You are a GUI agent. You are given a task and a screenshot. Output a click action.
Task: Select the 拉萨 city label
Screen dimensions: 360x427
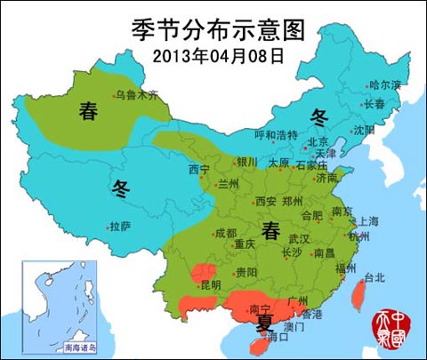click(120, 227)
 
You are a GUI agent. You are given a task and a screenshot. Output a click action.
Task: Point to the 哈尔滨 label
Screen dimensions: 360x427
click(384, 85)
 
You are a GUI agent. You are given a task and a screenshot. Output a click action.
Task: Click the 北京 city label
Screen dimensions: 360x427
click(317, 142)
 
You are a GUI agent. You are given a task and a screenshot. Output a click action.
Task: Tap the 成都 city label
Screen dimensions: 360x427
click(225, 233)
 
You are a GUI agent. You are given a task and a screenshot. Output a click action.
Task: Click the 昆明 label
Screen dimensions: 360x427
click(210, 285)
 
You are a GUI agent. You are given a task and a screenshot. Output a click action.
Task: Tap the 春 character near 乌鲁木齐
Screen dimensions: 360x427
click(88, 111)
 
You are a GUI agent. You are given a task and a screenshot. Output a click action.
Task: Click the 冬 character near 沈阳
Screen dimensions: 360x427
click(319, 116)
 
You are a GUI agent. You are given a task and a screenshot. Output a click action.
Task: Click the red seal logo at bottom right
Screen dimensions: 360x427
click(398, 331)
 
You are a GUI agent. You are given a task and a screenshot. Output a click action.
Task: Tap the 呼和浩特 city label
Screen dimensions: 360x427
click(276, 135)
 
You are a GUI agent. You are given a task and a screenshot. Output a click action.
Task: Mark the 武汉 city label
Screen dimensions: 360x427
click(299, 239)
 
